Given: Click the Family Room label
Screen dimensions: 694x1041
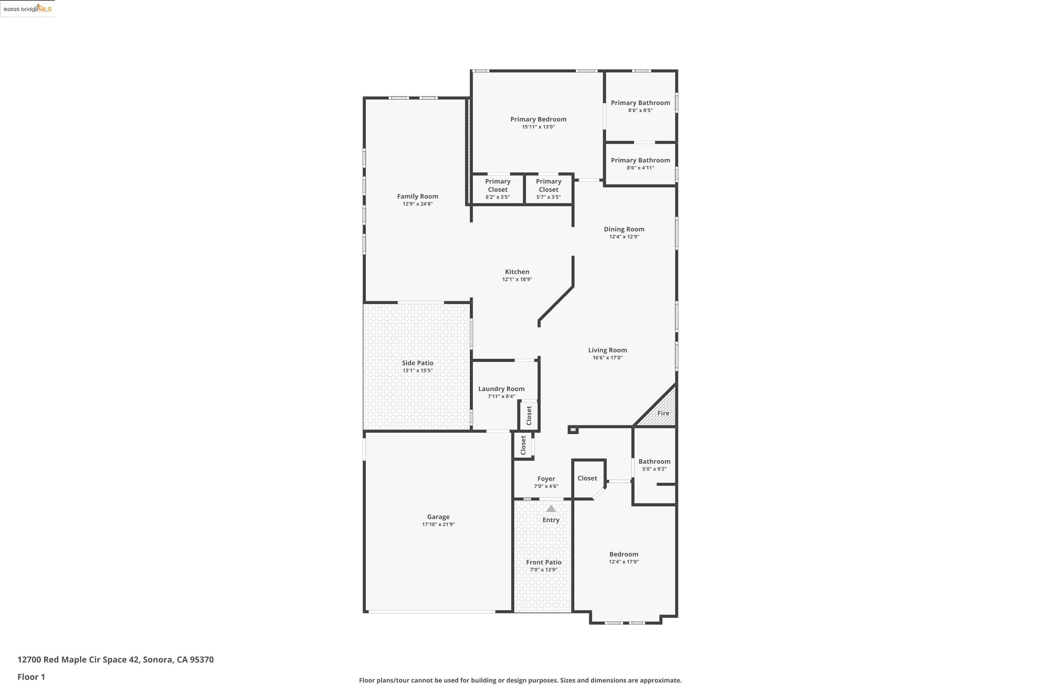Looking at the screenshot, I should pyautogui.click(x=417, y=196).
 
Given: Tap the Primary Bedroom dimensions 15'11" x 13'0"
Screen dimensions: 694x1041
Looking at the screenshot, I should pyautogui.click(x=538, y=127).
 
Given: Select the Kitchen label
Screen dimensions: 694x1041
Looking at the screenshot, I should pyautogui.click(x=517, y=272).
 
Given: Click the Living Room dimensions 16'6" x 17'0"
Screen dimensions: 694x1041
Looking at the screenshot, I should pyautogui.click(x=607, y=358).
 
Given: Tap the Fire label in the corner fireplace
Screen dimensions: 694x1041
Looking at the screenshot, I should pyautogui.click(x=663, y=413).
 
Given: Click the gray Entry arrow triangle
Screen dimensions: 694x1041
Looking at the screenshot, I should pyautogui.click(x=551, y=509).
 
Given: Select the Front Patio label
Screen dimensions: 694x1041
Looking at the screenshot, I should pyautogui.click(x=543, y=562).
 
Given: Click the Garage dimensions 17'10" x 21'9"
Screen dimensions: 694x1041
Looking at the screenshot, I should pyautogui.click(x=438, y=524).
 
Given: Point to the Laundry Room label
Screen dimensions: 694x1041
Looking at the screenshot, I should pyautogui.click(x=501, y=389).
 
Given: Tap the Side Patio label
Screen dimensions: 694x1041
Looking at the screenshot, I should pyautogui.click(x=417, y=363).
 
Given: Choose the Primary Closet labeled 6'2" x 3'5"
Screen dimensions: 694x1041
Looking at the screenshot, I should pyautogui.click(x=498, y=189).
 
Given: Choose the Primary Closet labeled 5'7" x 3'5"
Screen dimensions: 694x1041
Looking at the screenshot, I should pyautogui.click(x=548, y=189).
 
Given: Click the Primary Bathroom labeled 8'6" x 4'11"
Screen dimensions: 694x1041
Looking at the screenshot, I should pyautogui.click(x=641, y=163).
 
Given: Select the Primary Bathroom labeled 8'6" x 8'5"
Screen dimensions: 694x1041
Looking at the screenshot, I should pyautogui.click(x=641, y=106).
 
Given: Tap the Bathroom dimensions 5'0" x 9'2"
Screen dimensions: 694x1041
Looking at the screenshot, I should pyautogui.click(x=654, y=469).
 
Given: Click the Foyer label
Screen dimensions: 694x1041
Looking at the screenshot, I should pyautogui.click(x=546, y=479).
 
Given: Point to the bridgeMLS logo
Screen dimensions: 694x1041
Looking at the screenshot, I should pyautogui.click(x=27, y=9).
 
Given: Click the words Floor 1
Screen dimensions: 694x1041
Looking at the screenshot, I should pyautogui.click(x=31, y=677).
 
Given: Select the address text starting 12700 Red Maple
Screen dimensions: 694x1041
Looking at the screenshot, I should pyautogui.click(x=116, y=660).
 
